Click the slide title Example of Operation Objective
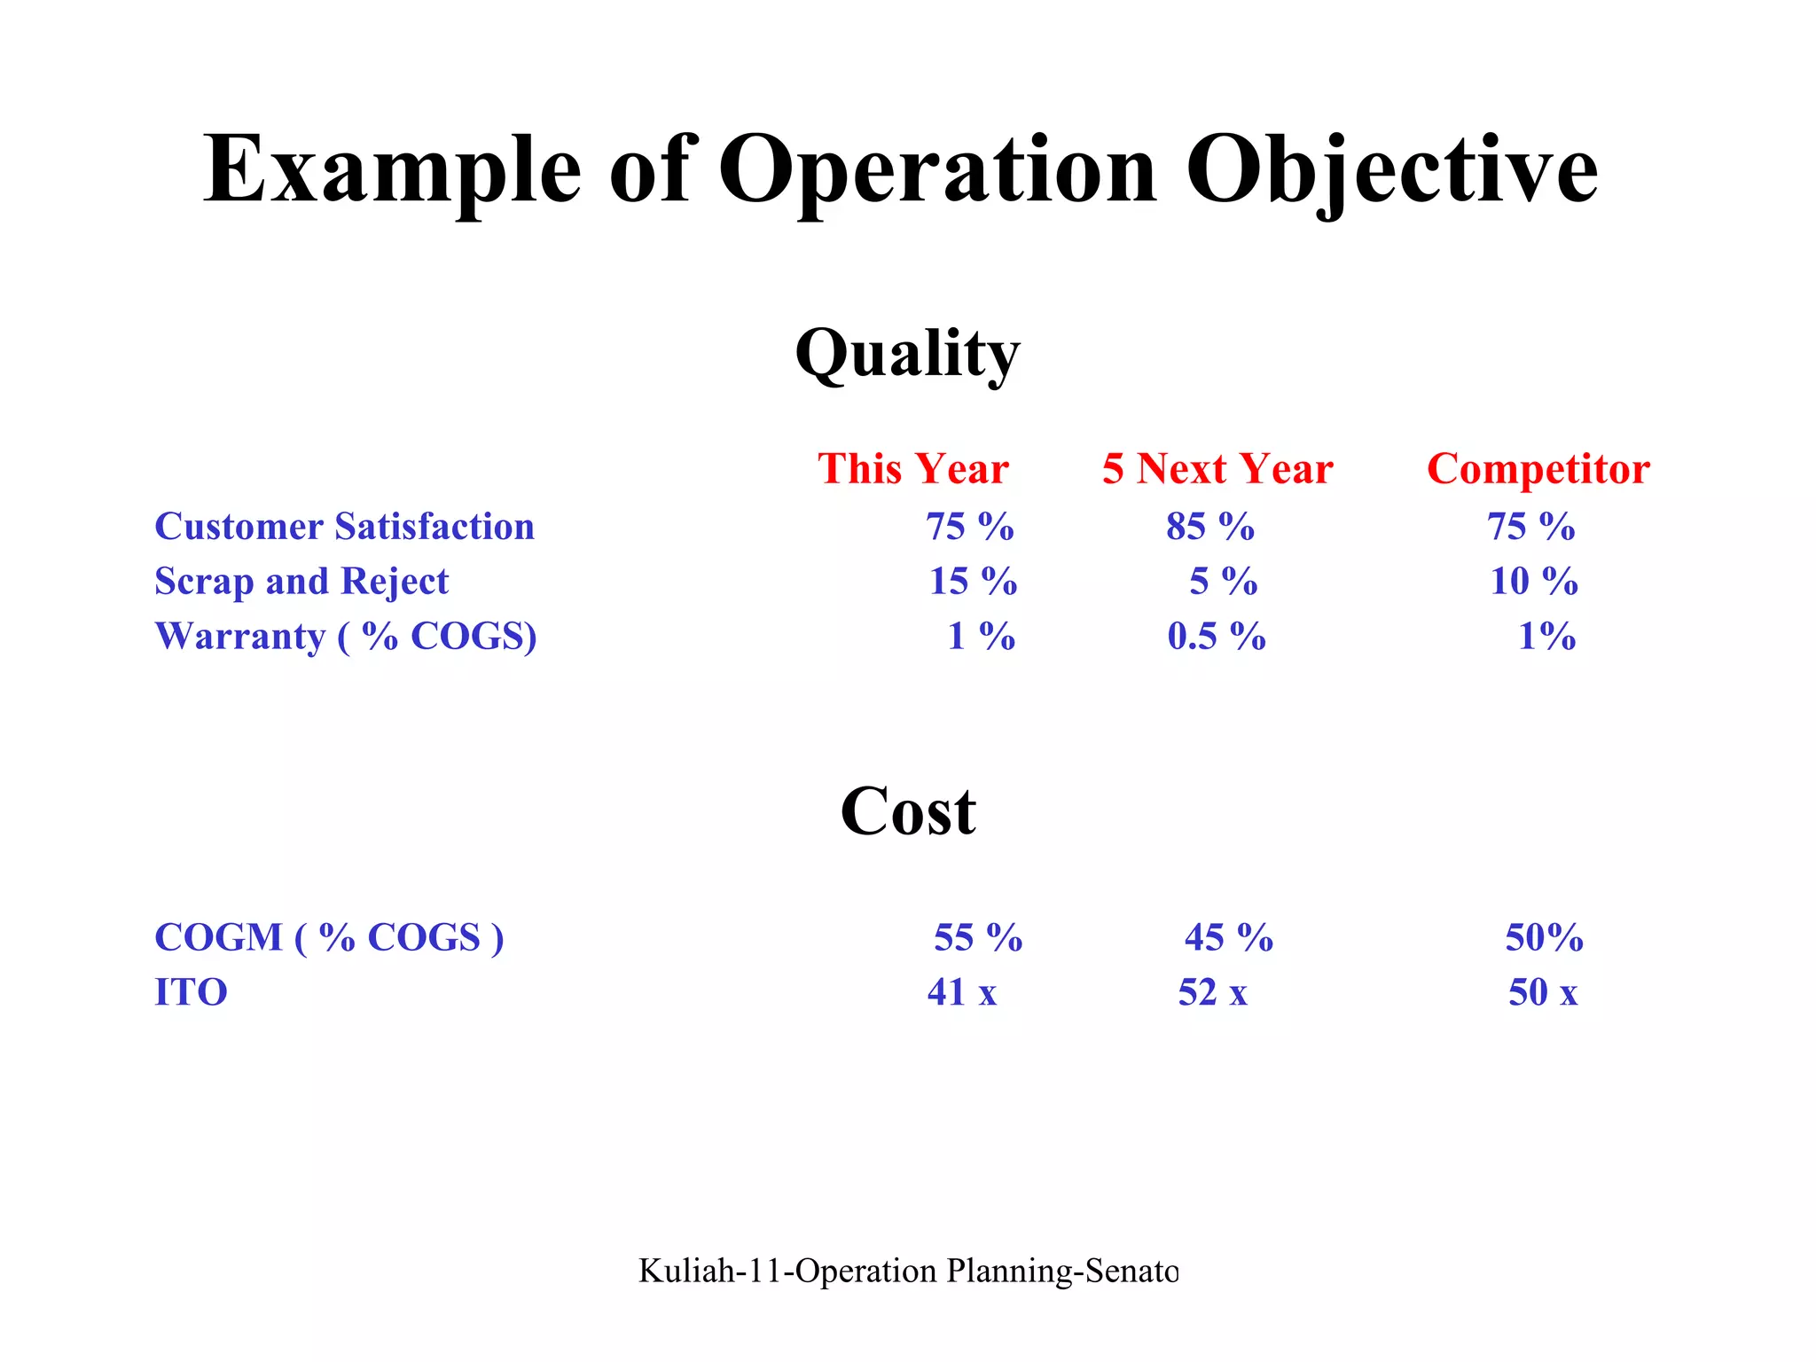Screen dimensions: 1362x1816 tap(900, 169)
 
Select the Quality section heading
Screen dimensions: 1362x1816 tap(907, 354)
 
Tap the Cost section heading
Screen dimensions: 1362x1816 tap(907, 811)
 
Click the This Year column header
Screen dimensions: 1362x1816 tap(913, 468)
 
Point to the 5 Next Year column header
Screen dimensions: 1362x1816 tap(1217, 468)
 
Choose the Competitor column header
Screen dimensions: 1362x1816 tap(1538, 468)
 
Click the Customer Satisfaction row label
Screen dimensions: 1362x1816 tap(345, 527)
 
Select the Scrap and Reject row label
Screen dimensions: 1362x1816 tap(301, 582)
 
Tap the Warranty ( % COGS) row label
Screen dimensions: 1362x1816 tap(346, 637)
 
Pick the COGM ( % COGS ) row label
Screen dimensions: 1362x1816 tap(329, 937)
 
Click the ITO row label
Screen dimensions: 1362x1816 tap(191, 992)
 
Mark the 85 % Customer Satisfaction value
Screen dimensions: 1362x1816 tap(1210, 527)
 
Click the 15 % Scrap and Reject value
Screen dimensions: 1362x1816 tap(973, 582)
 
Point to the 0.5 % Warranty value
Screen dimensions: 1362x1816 tap(1217, 637)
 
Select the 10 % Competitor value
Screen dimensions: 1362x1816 tap(1534, 582)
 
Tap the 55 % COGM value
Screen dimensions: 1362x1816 tap(978, 937)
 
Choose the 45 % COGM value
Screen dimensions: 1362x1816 tap(1229, 937)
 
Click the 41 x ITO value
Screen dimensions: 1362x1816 tap(962, 992)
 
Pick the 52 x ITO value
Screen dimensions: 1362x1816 tap(1213, 992)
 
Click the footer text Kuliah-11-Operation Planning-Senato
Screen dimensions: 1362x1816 tap(908, 1271)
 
